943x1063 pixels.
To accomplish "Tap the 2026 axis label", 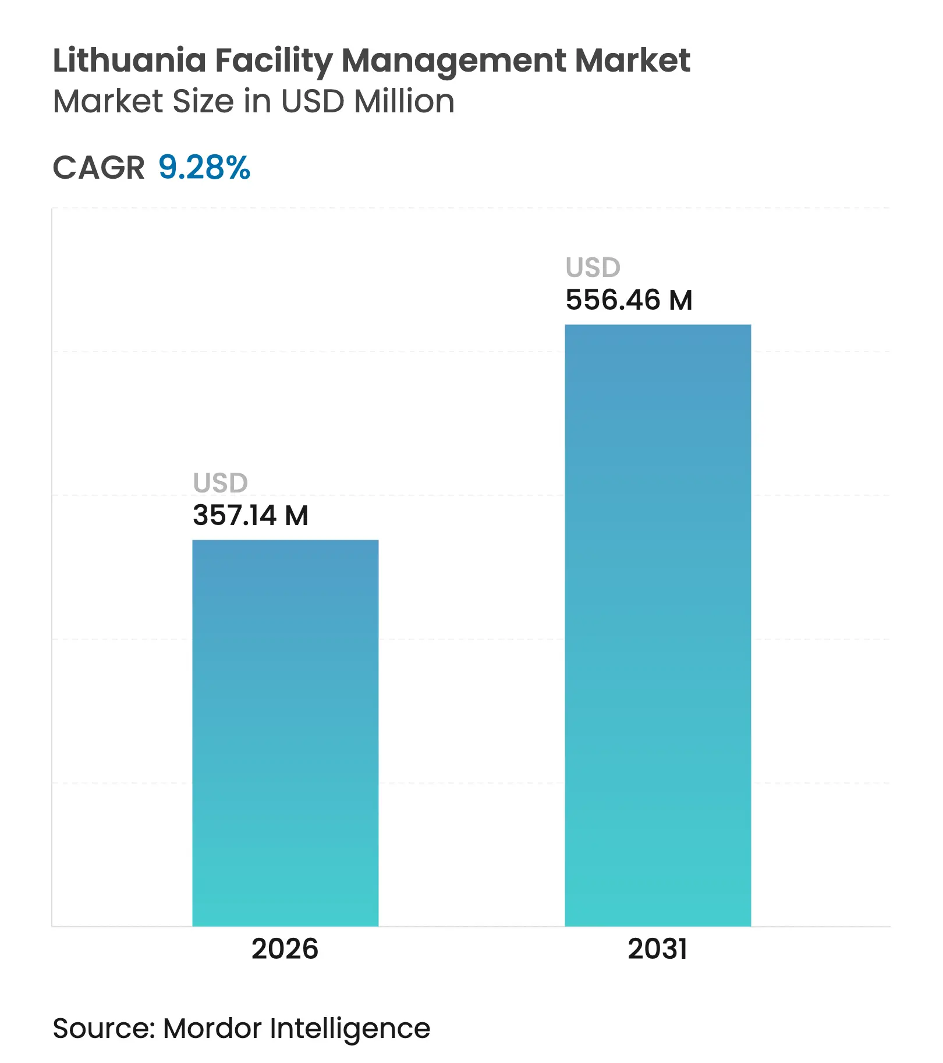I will tap(285, 949).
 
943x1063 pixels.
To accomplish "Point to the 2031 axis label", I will tap(658, 949).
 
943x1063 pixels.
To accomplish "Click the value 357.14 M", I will tap(250, 516).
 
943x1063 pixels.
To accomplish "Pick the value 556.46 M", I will tap(629, 300).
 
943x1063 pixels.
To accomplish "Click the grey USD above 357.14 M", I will tap(221, 483).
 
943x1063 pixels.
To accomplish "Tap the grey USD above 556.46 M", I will tap(593, 268).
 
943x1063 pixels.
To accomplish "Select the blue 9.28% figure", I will tap(204, 168).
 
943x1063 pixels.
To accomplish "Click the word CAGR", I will tap(98, 168).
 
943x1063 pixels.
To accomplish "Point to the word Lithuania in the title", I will tap(129, 61).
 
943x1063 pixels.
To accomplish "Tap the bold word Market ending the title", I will tap(632, 61).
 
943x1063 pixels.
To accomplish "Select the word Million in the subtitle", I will tap(404, 101).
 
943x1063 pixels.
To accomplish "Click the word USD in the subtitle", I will tap(313, 101).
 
